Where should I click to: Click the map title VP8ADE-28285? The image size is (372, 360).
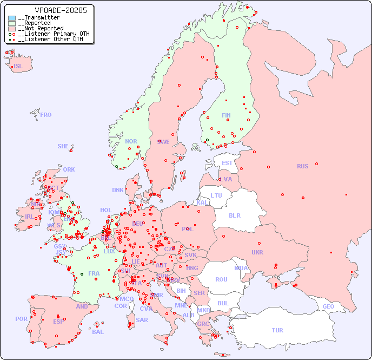[53, 10]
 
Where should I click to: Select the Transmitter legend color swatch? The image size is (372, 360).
[12, 18]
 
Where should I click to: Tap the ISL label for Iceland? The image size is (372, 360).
[18, 67]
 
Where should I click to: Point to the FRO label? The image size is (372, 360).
[46, 115]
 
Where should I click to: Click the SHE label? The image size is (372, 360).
[63, 146]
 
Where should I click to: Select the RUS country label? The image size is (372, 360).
[302, 166]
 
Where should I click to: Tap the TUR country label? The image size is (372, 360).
[277, 330]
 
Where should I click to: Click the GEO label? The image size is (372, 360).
[328, 306]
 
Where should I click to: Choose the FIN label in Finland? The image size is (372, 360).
[226, 115]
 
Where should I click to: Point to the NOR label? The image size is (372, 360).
[131, 141]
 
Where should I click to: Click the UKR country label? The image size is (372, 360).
[257, 252]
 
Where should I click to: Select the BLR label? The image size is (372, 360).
[235, 215]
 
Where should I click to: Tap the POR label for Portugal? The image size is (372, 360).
[21, 319]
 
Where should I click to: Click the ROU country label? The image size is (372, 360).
[221, 279]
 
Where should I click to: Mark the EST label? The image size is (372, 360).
[227, 163]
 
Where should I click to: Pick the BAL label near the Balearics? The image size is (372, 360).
[98, 332]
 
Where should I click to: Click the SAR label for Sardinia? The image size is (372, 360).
[142, 320]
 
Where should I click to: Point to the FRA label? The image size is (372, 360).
[94, 273]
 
